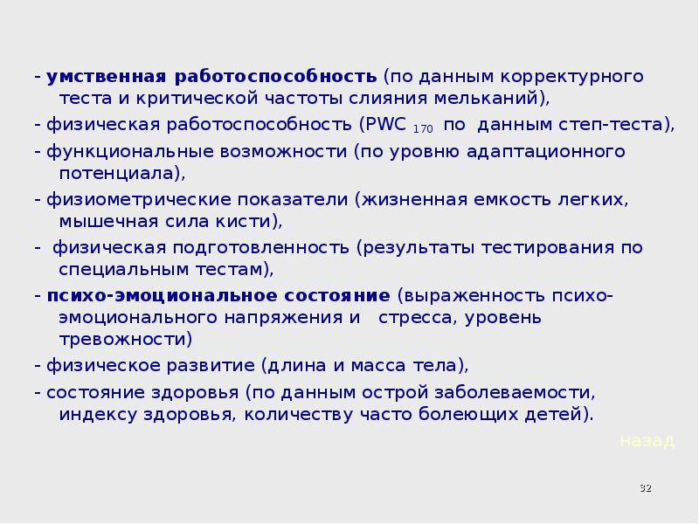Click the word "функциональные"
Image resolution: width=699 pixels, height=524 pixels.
108,152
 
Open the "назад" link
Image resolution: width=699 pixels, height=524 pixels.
647,441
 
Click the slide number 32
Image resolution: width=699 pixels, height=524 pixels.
647,486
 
